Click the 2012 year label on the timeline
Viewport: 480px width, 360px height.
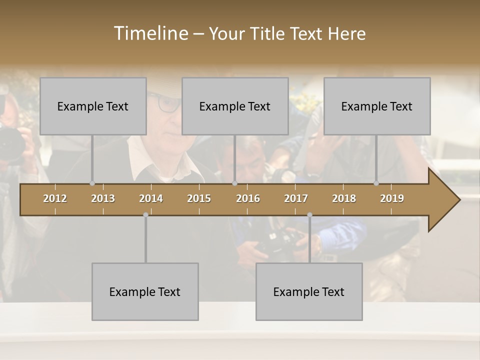[55, 198]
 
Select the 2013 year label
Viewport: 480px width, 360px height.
[103, 198]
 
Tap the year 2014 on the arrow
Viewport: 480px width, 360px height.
[151, 198]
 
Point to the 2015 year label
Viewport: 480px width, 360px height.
[199, 198]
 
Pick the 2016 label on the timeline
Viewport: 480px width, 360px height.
[248, 198]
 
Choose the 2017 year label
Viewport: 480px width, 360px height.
[296, 198]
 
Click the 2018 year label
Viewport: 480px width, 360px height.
[344, 198]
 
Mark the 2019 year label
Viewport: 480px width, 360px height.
[392, 198]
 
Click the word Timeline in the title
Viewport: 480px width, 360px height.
[150, 33]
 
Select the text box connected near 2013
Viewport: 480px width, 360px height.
[93, 106]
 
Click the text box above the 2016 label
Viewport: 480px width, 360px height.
[235, 106]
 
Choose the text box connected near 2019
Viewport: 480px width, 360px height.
[377, 106]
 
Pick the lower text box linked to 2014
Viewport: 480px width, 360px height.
[145, 291]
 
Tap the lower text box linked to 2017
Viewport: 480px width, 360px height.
[309, 291]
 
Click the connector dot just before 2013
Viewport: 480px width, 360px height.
[92, 183]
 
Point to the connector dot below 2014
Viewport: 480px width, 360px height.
[145, 215]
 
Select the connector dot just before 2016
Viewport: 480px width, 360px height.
[234, 183]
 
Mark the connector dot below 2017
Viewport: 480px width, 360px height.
[309, 215]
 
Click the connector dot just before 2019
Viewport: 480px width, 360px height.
[376, 183]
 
